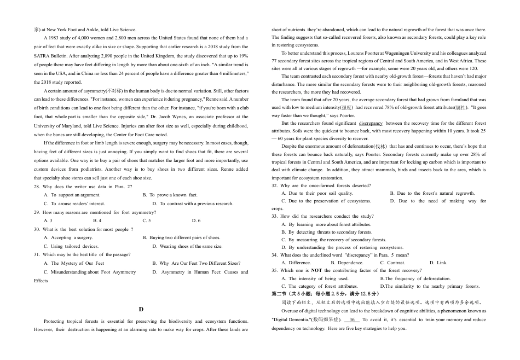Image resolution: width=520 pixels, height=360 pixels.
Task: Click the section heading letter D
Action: pyautogui.click(x=141, y=309)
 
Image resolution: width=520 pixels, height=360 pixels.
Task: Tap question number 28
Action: pyautogui.click(x=37, y=187)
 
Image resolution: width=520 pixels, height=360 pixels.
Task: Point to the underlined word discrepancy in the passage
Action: pyautogui.click(x=371, y=123)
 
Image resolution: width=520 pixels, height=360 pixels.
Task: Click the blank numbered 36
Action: pyautogui.click(x=352, y=320)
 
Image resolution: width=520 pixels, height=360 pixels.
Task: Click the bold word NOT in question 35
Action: pyautogui.click(x=316, y=270)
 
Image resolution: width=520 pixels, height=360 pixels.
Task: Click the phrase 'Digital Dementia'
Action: pyautogui.click(x=294, y=320)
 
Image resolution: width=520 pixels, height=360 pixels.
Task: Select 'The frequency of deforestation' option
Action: pyautogui.click(x=418, y=278)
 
